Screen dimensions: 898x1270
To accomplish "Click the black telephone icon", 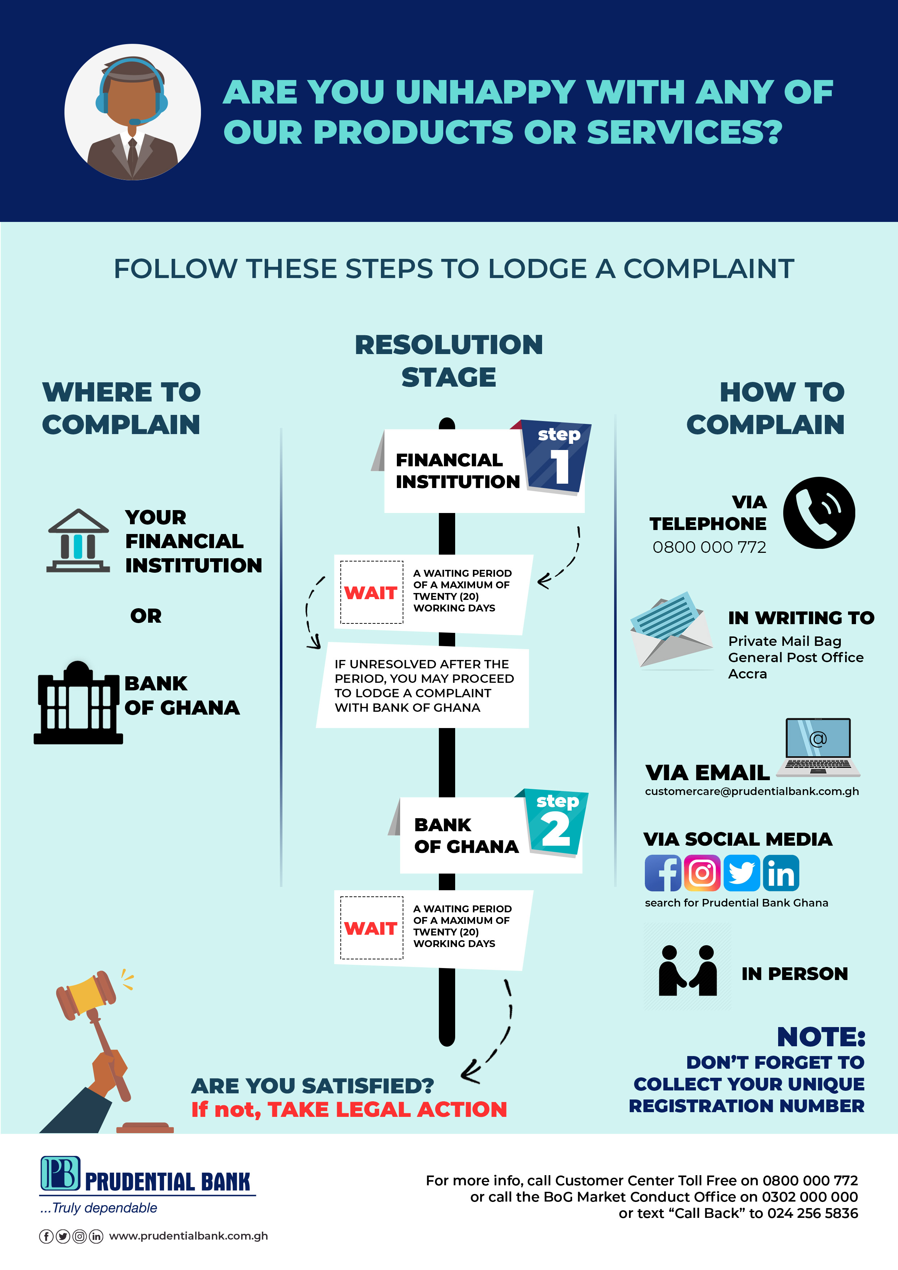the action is pyautogui.click(x=819, y=513).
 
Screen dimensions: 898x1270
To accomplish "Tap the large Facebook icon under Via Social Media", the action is pyautogui.click(x=663, y=873).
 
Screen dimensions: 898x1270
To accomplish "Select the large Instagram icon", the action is pyautogui.click(x=702, y=873).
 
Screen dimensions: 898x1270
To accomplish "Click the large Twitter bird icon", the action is pyautogui.click(x=742, y=873).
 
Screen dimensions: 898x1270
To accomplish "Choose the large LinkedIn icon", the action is pyautogui.click(x=781, y=873).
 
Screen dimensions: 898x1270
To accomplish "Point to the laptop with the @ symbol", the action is pyautogui.click(x=818, y=747).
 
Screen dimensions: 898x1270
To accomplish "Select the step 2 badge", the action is pyautogui.click(x=555, y=823).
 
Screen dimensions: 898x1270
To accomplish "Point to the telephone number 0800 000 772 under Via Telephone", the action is pyautogui.click(x=709, y=547).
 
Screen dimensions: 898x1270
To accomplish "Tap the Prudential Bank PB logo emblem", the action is pyautogui.click(x=60, y=1173).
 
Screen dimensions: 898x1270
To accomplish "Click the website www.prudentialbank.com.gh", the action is pyautogui.click(x=189, y=1236).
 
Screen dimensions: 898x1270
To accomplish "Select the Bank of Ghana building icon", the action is pyautogui.click(x=77, y=702).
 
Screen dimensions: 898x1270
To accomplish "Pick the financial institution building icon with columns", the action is pyautogui.click(x=78, y=541).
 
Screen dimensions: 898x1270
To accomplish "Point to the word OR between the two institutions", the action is pyautogui.click(x=146, y=616).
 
